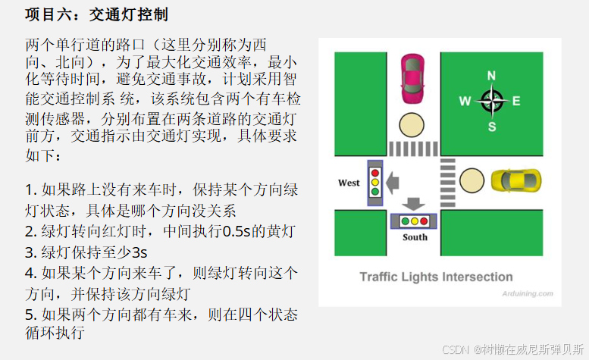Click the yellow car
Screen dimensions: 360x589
coord(515,180)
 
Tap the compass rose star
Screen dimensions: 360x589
coord(491,99)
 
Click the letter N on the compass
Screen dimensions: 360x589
coord(491,75)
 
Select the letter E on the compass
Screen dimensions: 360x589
coord(516,100)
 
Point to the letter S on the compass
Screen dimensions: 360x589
coord(491,126)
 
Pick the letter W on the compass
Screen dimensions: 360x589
coord(465,100)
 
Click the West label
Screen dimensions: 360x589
coord(349,183)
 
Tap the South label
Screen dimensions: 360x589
coord(415,237)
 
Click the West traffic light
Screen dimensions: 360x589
coord(374,182)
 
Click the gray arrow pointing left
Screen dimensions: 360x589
coord(393,182)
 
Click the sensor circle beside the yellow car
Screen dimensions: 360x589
coord(471,180)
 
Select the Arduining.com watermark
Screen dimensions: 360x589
coord(527,293)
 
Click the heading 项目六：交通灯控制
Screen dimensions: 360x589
coord(96,14)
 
